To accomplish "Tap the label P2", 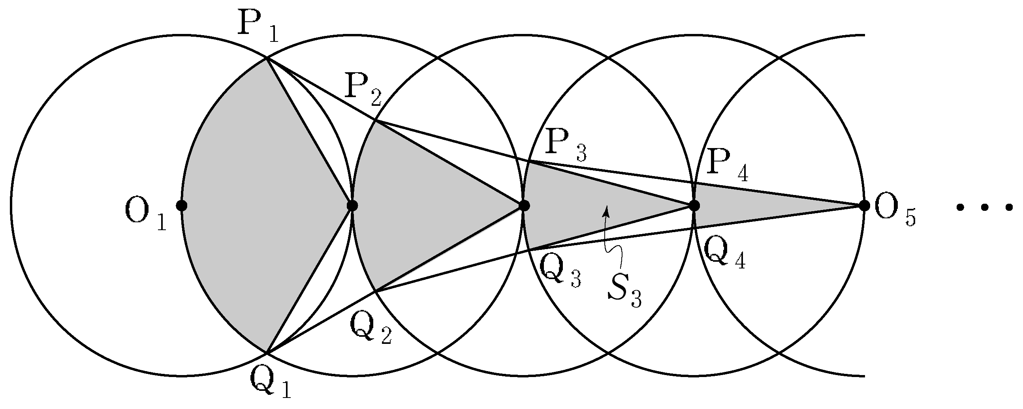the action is click(x=364, y=92).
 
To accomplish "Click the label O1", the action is click(x=145, y=216).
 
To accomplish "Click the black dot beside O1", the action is click(x=181, y=206).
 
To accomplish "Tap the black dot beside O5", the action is click(x=864, y=206).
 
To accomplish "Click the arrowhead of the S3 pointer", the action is click(x=606, y=212).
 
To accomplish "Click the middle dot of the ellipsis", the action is click(x=985, y=206).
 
